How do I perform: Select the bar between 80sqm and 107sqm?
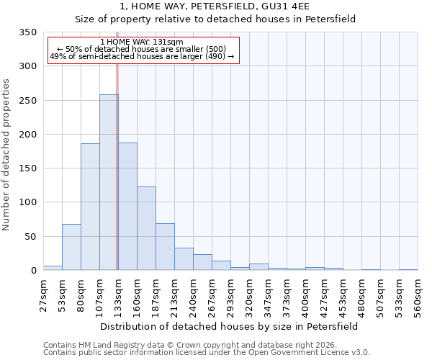[90, 207]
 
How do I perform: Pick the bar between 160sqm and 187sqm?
[146, 228]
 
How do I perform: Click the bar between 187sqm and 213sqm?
[165, 247]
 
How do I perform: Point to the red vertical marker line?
[117, 166]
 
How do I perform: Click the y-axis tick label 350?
[28, 32]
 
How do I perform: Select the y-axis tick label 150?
[28, 168]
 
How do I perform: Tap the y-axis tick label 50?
[31, 237]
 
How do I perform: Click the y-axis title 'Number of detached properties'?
[6, 155]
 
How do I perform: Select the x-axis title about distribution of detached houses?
[229, 326]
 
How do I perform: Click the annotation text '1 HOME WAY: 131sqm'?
[142, 42]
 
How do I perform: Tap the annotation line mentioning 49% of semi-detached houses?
[142, 56]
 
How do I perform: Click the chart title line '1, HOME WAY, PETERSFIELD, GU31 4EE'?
[215, 6]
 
